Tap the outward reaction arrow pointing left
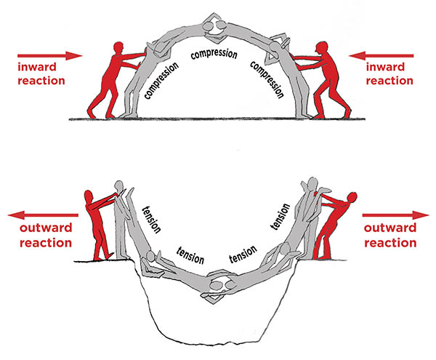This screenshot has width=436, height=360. (39, 215)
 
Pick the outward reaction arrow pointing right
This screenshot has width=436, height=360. (396, 215)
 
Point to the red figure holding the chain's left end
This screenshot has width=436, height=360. (95, 222)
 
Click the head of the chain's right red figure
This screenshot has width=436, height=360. (352, 197)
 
